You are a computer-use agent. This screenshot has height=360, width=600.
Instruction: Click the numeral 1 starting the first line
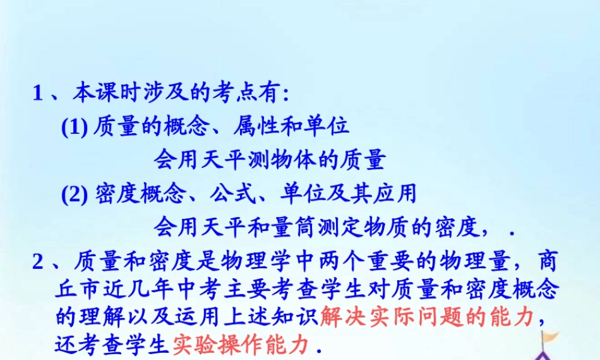38,94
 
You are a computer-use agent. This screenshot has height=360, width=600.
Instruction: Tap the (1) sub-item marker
75,127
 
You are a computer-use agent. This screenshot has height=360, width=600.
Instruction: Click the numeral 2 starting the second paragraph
38,262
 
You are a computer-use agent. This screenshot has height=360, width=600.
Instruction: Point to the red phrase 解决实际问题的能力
426,316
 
